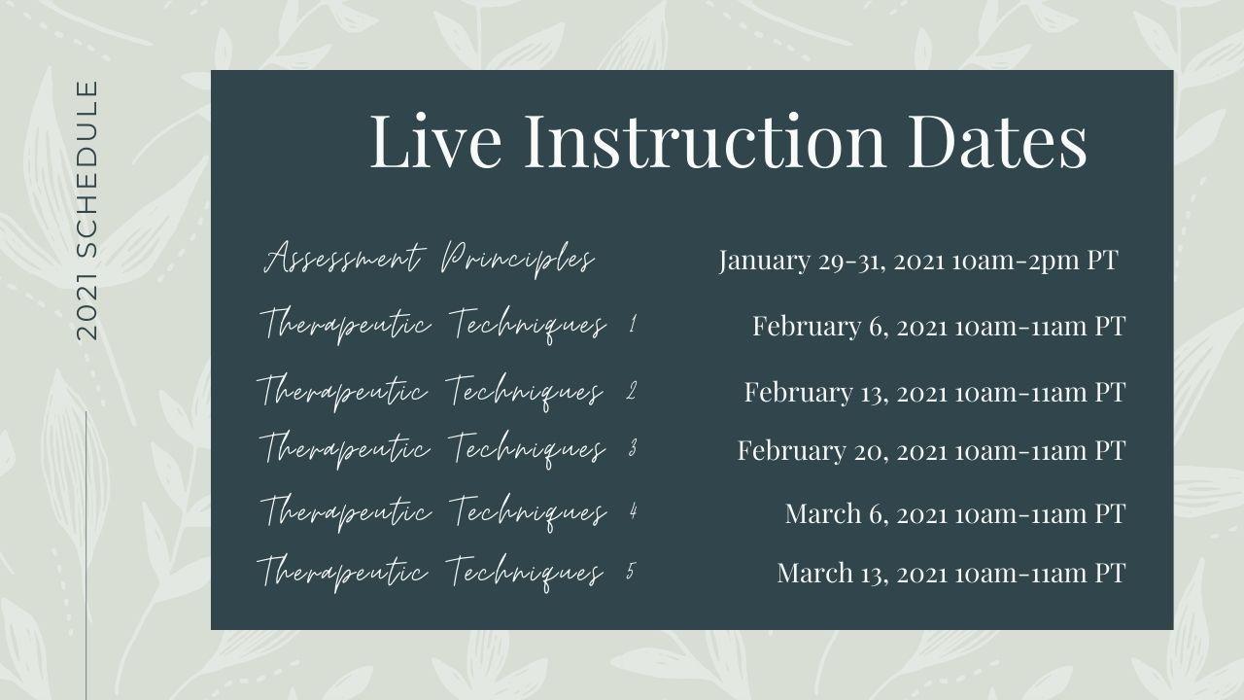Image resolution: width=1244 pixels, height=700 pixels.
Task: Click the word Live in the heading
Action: (435, 141)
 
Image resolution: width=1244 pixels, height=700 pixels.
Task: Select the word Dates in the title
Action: (997, 141)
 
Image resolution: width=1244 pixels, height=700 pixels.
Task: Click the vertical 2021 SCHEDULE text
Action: (86, 211)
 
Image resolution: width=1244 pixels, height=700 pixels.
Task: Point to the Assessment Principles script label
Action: (430, 259)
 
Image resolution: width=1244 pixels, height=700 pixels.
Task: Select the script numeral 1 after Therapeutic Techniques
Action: (633, 324)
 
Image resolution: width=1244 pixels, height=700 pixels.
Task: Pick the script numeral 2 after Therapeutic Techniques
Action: (632, 391)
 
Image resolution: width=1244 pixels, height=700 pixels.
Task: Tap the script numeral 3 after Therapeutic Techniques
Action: (633, 448)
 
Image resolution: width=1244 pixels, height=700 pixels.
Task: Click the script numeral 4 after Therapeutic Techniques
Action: (633, 510)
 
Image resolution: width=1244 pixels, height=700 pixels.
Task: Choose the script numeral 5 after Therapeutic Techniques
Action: (631, 571)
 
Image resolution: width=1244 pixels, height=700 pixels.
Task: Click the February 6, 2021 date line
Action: (939, 326)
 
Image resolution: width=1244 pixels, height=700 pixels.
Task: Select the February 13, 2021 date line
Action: (935, 393)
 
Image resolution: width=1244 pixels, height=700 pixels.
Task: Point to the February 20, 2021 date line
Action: (931, 450)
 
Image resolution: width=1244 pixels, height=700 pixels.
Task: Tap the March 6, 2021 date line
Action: (955, 513)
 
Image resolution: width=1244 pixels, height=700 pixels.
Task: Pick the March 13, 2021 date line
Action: (951, 573)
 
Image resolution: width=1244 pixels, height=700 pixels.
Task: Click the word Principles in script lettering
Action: (518, 260)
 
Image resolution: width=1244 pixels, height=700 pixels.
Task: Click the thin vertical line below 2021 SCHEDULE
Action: (86, 555)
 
